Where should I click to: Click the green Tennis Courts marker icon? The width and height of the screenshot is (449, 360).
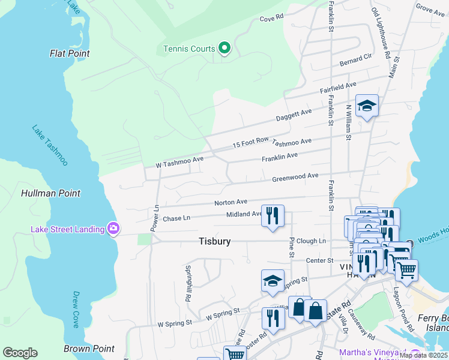(224, 47)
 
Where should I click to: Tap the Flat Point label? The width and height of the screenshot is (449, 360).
(70, 53)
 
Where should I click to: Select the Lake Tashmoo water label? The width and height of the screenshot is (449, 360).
(50, 145)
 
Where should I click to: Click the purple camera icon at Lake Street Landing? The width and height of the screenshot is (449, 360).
(113, 229)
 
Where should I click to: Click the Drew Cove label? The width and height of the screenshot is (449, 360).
(76, 310)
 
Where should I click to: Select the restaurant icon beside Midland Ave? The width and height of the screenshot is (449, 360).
(273, 215)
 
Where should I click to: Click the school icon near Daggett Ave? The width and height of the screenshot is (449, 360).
(367, 106)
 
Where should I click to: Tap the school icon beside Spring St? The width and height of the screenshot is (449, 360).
(273, 281)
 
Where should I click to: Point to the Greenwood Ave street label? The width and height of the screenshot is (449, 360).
(295, 177)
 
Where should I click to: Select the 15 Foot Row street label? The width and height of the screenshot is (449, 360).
(250, 141)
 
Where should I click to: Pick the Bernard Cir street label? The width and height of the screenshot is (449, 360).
(356, 59)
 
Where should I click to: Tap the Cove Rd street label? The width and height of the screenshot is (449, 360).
(271, 19)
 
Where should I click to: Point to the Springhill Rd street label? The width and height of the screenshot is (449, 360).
(188, 283)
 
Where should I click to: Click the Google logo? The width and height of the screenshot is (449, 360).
(20, 353)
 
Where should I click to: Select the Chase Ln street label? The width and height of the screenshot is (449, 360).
(176, 219)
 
